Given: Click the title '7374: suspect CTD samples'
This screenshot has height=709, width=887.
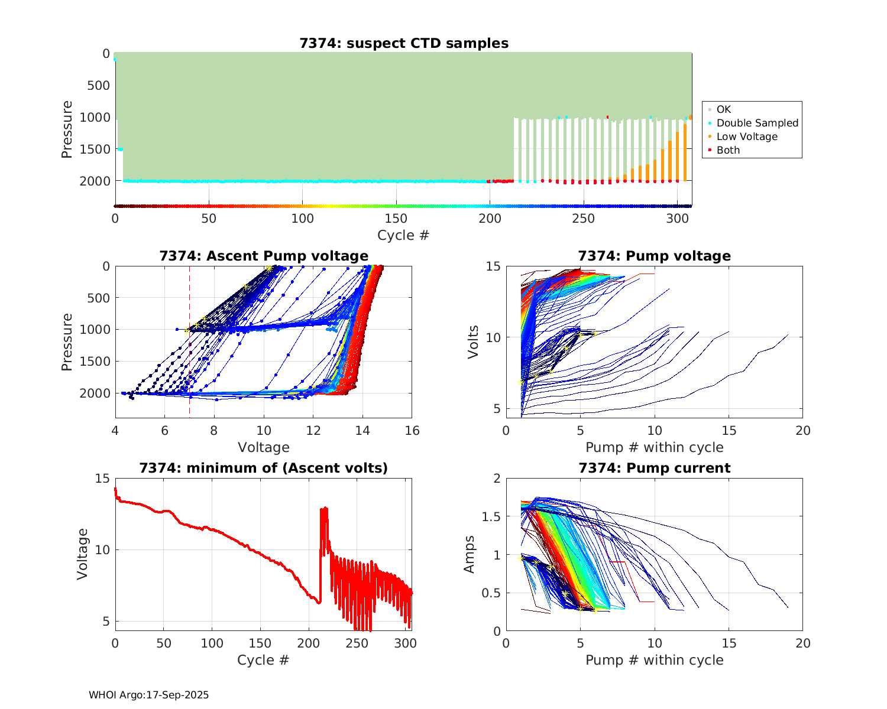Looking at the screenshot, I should pos(403,43).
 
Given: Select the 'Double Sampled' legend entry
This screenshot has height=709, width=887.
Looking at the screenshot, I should pos(757,123).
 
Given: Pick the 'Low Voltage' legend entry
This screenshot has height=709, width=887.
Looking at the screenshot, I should pos(747,136).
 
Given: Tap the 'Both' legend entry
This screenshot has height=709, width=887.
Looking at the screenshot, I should pos(728,150).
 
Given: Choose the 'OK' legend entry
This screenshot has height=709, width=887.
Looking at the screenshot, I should pos(723,109).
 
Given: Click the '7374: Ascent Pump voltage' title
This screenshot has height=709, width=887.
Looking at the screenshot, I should pos(264,256).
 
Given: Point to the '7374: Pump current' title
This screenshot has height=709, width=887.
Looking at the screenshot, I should pos(654,468).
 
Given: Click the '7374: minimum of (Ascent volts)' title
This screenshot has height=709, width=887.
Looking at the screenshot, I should pos(264,468).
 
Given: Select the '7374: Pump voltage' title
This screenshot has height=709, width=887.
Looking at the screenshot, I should pos(654,256).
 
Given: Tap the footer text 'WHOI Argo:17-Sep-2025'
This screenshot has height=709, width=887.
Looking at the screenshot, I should pos(149,695).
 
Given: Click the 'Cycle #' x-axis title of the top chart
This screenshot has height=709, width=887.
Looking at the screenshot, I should pos(403,235).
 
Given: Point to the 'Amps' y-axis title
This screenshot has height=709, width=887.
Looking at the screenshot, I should pos(470,554).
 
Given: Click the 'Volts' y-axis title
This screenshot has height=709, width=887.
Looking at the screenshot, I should pos(473,342).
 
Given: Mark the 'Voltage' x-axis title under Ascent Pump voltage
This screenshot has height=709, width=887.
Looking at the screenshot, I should pos(264,447).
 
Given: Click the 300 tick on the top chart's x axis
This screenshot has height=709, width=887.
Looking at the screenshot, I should pos(677,218).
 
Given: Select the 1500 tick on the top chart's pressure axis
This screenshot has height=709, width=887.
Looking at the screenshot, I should pos(95,149).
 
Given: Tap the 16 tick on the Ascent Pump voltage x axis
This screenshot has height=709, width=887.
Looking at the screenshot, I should pos(412,431).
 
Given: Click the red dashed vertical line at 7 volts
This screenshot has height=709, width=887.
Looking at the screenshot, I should pos(189,354).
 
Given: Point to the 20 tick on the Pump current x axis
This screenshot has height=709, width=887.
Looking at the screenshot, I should pos(802,643).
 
